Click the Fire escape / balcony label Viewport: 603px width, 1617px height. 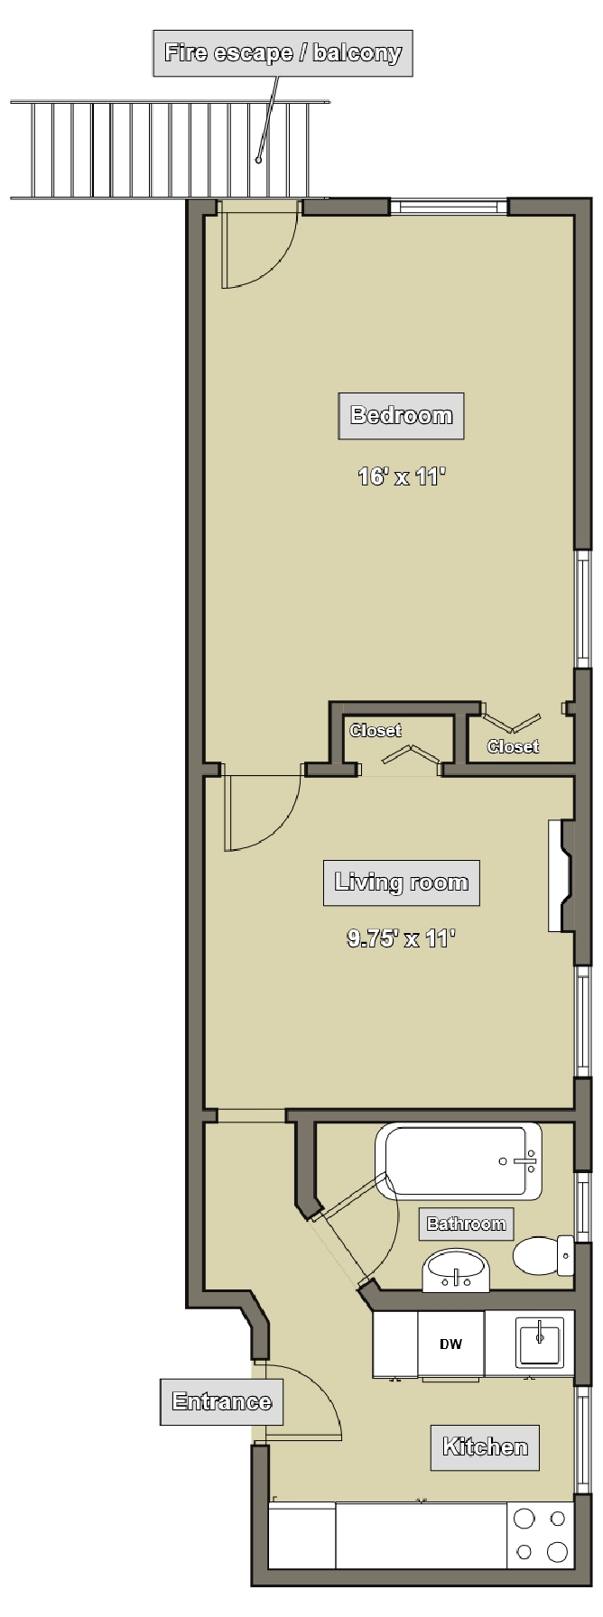(283, 53)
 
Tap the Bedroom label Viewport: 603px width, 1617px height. (401, 416)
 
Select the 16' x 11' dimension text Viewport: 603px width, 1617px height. (402, 476)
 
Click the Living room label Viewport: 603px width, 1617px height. (402, 882)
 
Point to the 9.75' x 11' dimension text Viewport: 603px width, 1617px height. (401, 938)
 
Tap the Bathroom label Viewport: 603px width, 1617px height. (466, 1224)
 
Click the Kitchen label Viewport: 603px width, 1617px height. (485, 1447)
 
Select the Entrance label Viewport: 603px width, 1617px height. (221, 1402)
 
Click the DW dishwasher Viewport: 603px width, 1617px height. (451, 1344)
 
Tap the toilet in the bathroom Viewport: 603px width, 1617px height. (543, 1254)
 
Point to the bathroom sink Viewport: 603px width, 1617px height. (456, 1270)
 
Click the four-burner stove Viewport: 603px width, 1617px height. (541, 1535)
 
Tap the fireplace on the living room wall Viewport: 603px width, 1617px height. (561, 875)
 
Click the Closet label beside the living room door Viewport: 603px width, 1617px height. (376, 731)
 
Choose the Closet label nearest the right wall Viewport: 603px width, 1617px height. (513, 746)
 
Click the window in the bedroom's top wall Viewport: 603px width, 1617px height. (450, 207)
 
